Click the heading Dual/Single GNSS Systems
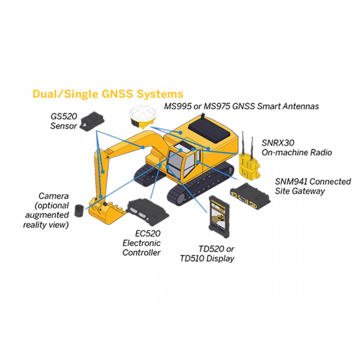[108, 94]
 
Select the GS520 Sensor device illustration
[92, 122]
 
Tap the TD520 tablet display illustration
[219, 216]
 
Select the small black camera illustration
[79, 210]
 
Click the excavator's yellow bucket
[106, 210]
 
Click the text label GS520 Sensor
[63, 121]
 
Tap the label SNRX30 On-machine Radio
[297, 148]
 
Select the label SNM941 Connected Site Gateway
[313, 186]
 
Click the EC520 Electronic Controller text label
[141, 243]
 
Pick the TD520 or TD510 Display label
[207, 254]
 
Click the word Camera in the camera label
[53, 196]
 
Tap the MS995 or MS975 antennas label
[241, 106]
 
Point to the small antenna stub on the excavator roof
[203, 116]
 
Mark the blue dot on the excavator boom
[143, 147]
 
